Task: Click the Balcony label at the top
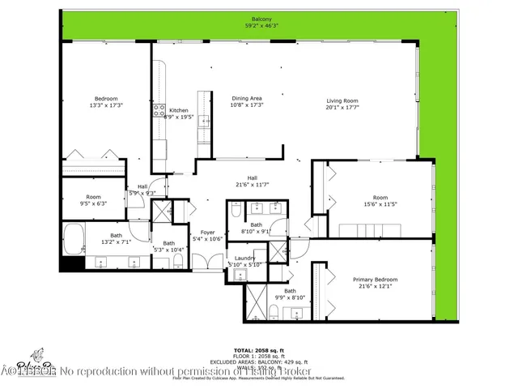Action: (261, 19)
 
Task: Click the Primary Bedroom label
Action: (375, 280)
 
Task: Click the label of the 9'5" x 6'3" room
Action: (94, 197)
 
